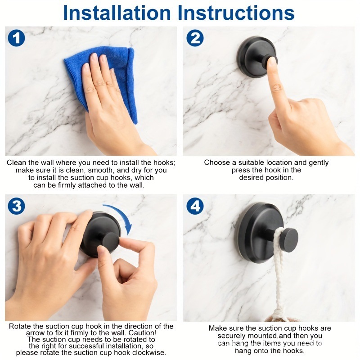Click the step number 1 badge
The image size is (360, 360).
click(x=16, y=38)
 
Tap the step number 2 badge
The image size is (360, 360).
click(x=195, y=38)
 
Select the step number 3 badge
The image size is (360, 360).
click(x=16, y=206)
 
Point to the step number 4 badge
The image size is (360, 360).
click(x=195, y=206)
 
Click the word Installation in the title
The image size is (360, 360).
click(x=117, y=13)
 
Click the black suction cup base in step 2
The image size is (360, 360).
click(x=256, y=56)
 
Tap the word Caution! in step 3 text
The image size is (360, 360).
click(x=142, y=333)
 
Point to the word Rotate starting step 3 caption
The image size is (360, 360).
click(x=20, y=326)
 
